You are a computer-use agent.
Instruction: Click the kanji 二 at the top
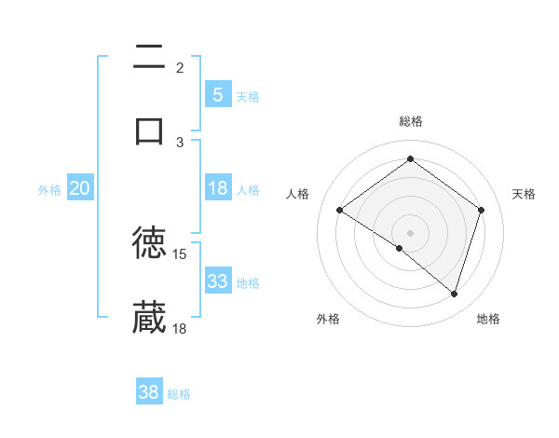(149, 58)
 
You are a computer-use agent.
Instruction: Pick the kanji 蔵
(149, 317)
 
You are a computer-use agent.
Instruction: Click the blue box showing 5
(217, 94)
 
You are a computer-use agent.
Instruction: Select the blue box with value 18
(217, 188)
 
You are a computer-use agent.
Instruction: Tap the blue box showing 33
(217, 281)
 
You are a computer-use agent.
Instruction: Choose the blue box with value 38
(149, 392)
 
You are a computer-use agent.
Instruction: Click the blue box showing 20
(80, 188)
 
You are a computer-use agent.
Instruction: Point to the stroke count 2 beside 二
(180, 67)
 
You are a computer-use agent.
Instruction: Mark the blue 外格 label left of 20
(49, 189)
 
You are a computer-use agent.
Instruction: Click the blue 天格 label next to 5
(248, 96)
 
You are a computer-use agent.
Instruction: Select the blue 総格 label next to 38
(179, 394)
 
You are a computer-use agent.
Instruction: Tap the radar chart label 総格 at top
(410, 121)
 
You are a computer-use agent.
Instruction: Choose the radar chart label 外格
(328, 319)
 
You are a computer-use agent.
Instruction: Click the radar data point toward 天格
(481, 210)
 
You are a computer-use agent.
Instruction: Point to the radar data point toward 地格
(454, 294)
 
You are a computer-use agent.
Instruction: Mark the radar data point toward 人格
(339, 210)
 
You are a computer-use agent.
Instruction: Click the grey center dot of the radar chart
(410, 232)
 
